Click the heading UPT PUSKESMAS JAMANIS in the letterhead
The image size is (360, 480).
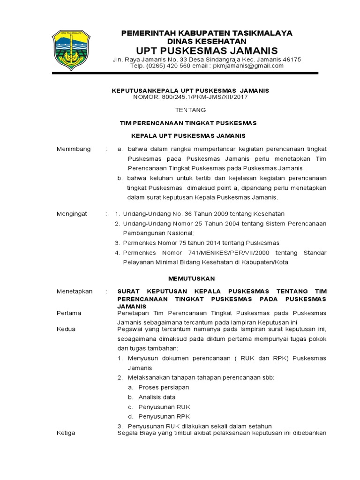click(x=207, y=51)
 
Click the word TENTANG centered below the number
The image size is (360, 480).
click(x=190, y=110)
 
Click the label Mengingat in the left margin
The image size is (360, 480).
click(x=72, y=214)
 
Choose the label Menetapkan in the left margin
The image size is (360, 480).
click(x=75, y=291)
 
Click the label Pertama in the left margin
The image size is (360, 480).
click(x=69, y=313)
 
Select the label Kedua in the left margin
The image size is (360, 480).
click(x=66, y=329)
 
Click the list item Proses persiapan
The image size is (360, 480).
click(x=164, y=387)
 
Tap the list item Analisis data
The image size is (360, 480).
click(x=157, y=397)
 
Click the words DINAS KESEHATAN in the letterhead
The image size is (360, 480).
click(x=207, y=41)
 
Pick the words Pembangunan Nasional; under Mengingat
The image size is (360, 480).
click(x=158, y=233)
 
